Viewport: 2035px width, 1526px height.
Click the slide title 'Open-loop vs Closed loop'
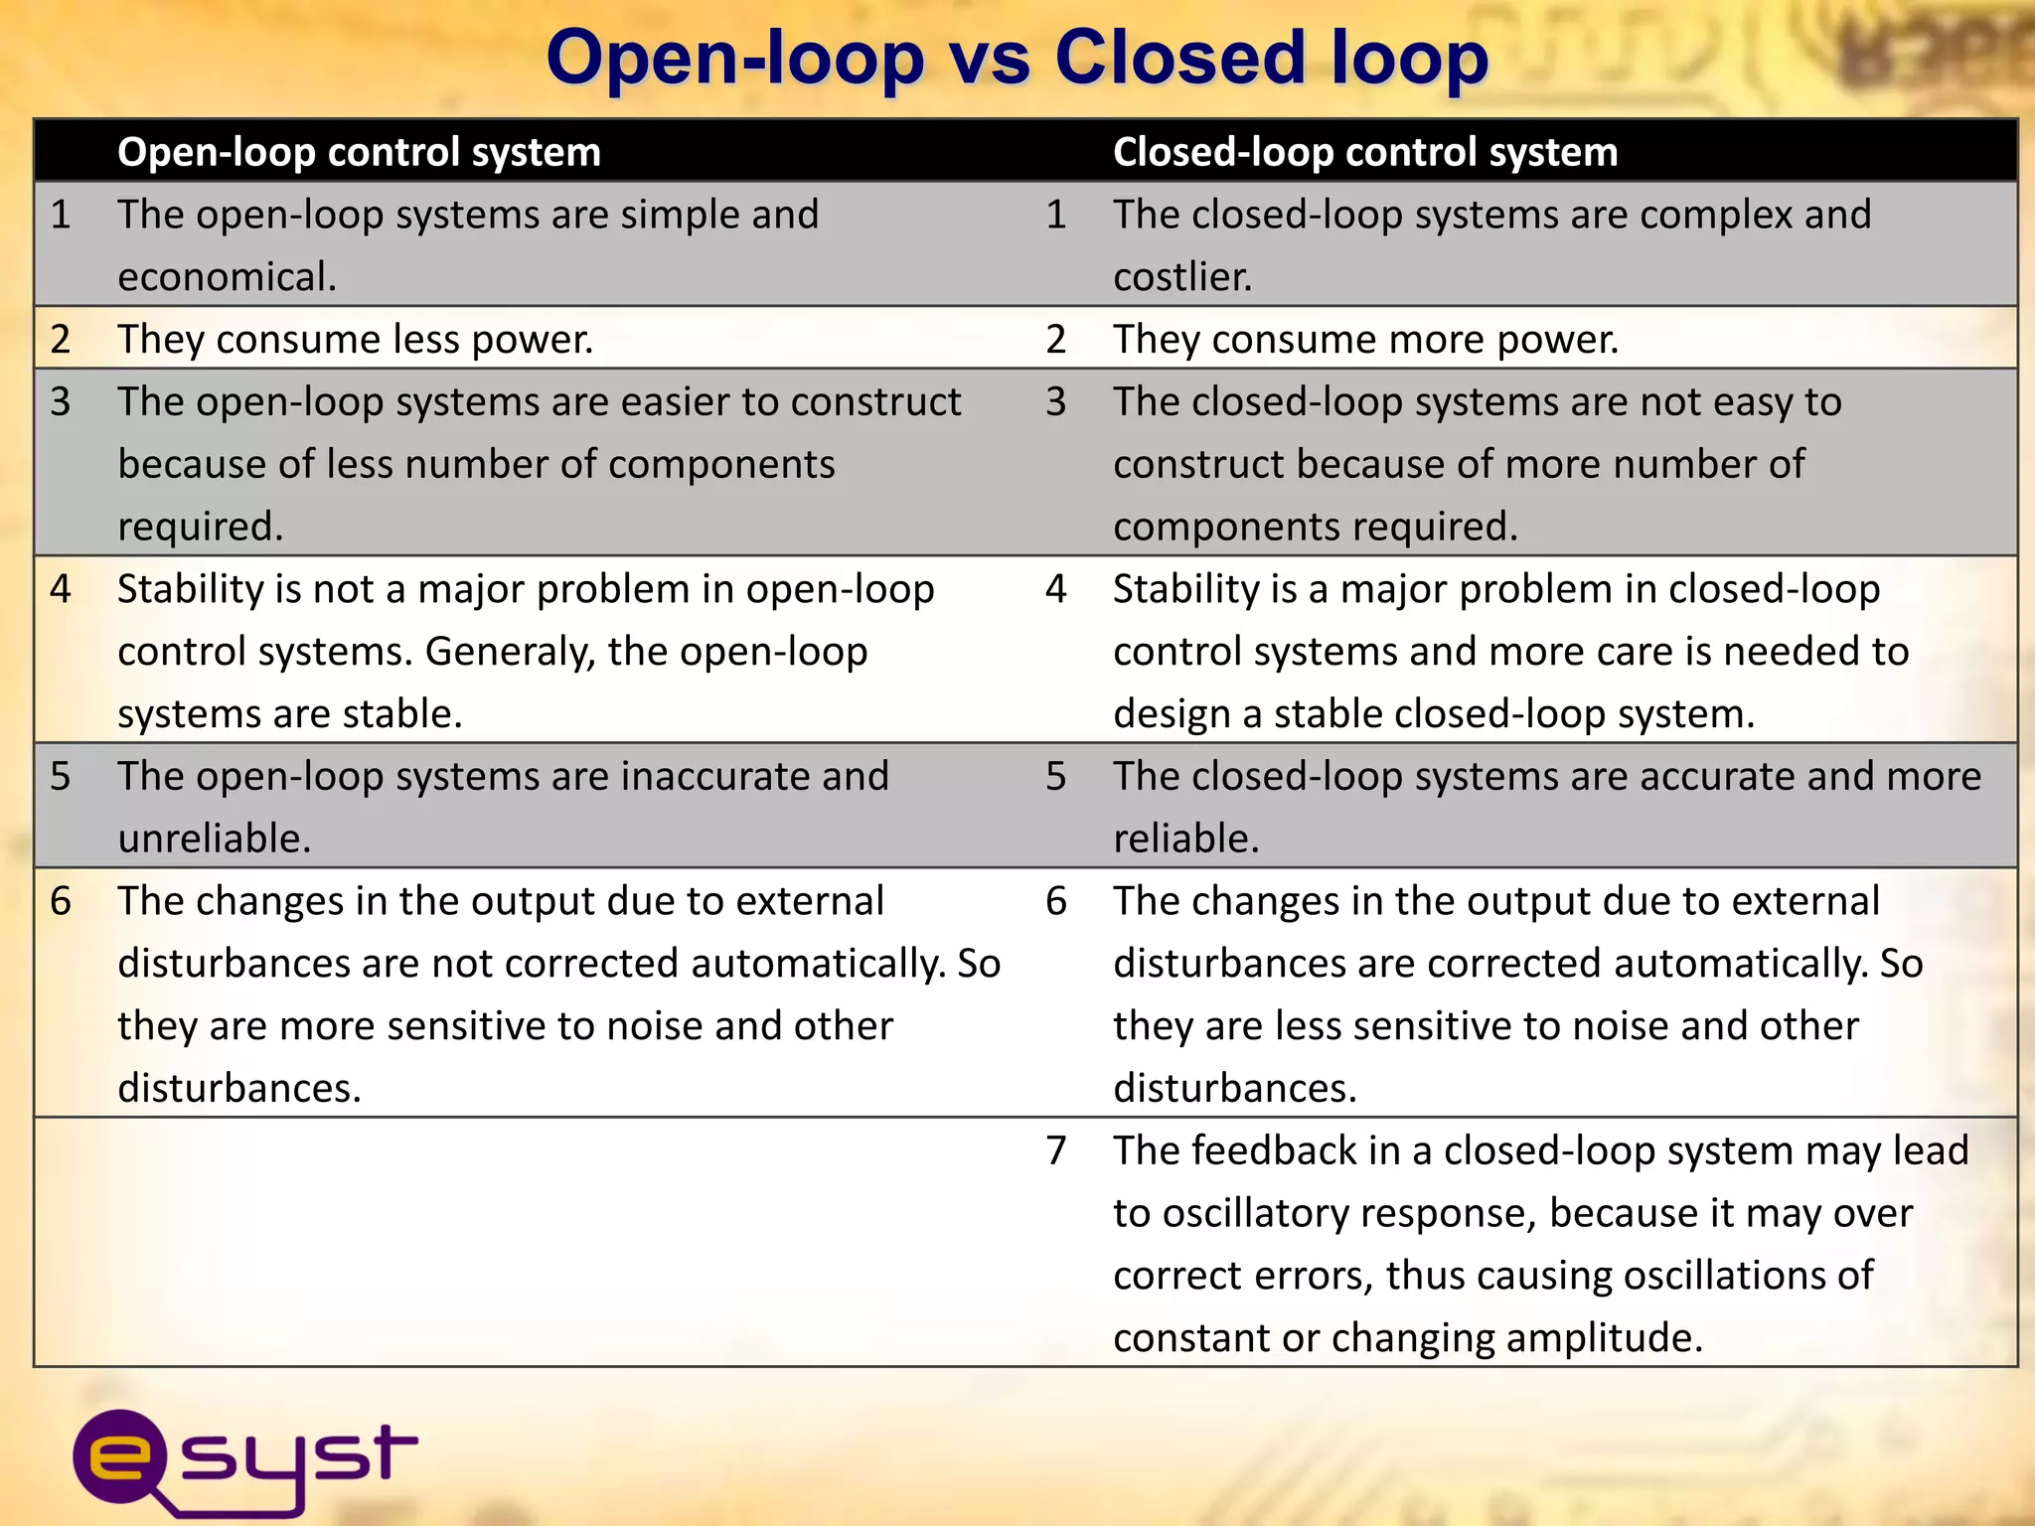click(x=1017, y=58)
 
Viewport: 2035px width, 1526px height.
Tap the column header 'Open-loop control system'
click(x=359, y=152)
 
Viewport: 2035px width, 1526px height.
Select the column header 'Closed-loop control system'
click(x=1364, y=152)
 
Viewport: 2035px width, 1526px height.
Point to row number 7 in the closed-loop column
click(x=1055, y=1150)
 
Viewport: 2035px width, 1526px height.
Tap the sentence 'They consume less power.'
click(x=355, y=340)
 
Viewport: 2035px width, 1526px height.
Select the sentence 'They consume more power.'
click(x=1365, y=340)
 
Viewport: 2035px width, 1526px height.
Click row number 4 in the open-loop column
click(x=61, y=589)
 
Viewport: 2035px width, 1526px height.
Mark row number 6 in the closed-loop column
click(x=1055, y=901)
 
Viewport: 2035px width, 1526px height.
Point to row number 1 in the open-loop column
click(x=61, y=215)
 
